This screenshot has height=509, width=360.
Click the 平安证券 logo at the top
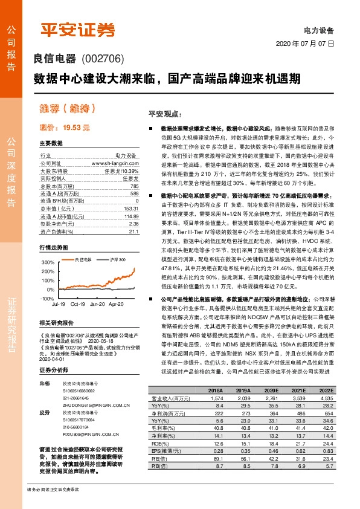pos(77,28)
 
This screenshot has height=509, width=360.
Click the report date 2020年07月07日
pos(304,44)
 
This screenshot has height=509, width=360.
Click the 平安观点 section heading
pos(160,114)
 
